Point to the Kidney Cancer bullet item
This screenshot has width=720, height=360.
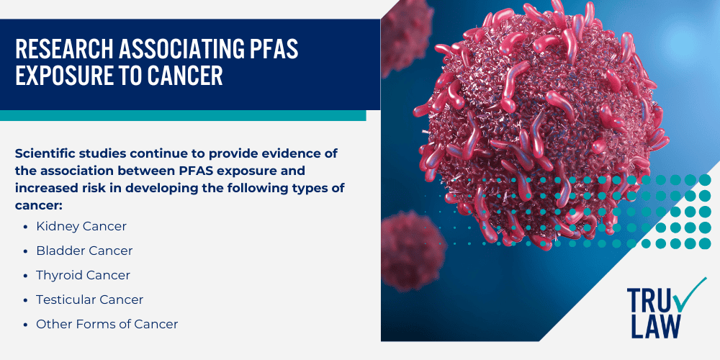tap(81, 226)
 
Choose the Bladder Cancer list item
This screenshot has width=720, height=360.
tap(84, 251)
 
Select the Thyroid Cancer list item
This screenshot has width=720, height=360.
tap(83, 275)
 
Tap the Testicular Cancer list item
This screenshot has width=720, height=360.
tap(89, 300)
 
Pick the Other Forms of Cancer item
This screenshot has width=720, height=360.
tap(107, 324)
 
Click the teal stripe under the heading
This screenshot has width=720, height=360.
tap(183, 115)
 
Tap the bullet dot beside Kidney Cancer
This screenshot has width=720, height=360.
tap(27, 227)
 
